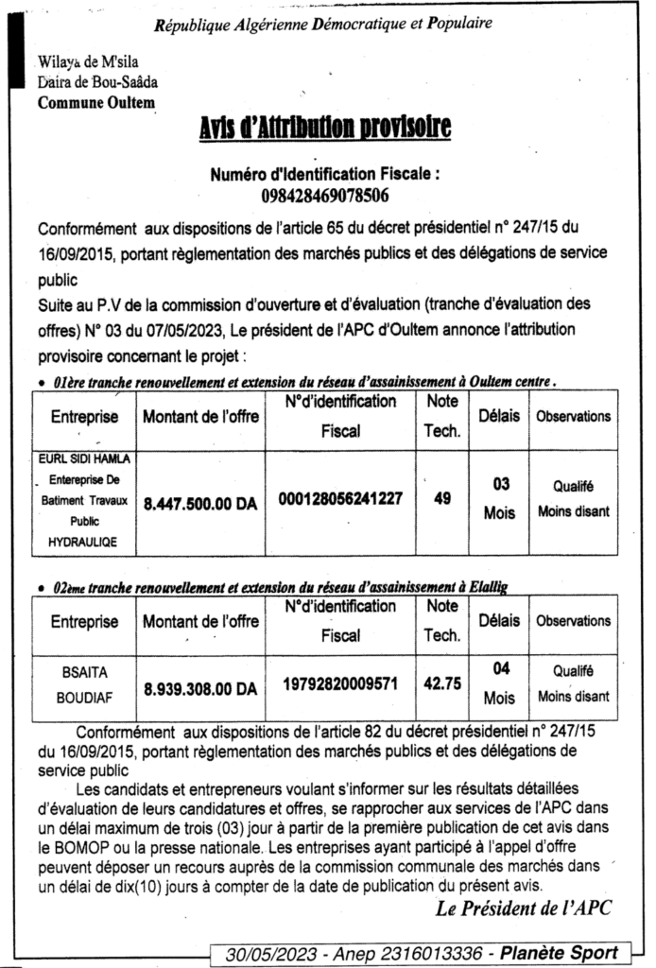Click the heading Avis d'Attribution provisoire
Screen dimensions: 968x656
[324, 129]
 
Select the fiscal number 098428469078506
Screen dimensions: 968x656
[325, 197]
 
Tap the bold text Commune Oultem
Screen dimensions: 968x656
[96, 103]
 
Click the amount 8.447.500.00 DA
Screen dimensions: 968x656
[200, 506]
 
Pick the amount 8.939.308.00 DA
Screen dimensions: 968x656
[200, 690]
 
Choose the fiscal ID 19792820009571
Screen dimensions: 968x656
[340, 682]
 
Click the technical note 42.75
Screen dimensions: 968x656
[441, 683]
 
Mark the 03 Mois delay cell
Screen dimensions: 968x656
[500, 498]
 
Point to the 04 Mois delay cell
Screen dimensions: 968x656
[500, 683]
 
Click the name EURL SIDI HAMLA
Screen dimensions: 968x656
[84, 458]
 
